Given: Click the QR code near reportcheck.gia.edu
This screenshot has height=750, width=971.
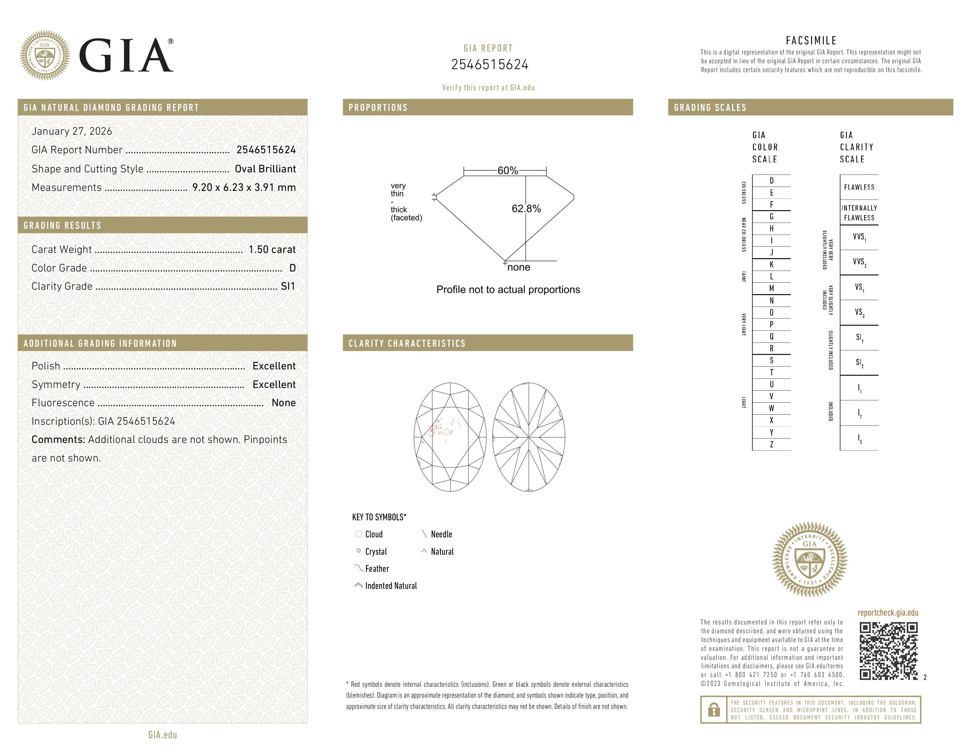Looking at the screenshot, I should point(888,651).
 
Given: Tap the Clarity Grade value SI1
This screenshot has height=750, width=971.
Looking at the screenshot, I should point(288,286).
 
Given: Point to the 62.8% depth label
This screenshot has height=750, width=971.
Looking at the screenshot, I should point(526,209).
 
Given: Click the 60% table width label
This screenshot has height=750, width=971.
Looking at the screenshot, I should point(507,171).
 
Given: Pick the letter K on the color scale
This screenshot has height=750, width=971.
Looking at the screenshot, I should point(772,264).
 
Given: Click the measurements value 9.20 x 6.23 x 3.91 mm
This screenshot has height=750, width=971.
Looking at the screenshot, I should point(244,188).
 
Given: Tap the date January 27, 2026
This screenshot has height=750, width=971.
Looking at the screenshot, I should point(72,131).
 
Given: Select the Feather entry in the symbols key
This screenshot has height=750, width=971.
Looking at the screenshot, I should point(377,569).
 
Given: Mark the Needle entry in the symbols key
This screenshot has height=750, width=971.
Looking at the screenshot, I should point(441,534).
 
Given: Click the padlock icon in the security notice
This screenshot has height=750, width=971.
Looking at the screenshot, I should point(714,710).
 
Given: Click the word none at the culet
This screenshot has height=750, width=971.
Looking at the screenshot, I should point(518,267).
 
